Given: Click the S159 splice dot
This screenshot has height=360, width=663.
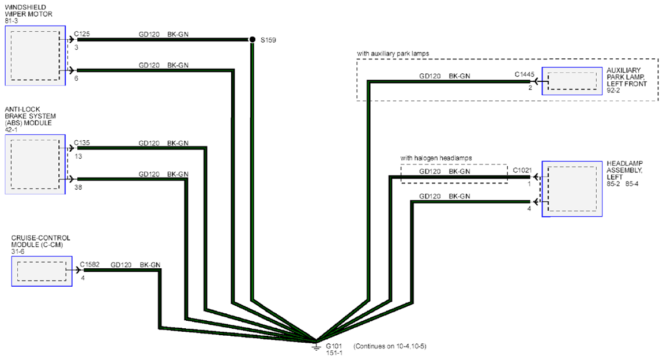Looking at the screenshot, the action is pyautogui.click(x=252, y=39).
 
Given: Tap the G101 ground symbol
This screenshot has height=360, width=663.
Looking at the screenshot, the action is pyautogui.click(x=316, y=346).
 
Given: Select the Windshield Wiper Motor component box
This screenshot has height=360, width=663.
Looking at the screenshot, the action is pyautogui.click(x=35, y=55).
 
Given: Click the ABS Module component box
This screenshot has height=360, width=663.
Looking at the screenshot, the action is pyautogui.click(x=35, y=164).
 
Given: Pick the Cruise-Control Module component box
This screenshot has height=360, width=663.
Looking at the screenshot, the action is pyautogui.click(x=42, y=271).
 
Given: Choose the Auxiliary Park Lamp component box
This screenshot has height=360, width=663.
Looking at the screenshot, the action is pyautogui.click(x=572, y=81).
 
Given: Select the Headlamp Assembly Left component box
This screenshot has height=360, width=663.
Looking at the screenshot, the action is pyautogui.click(x=572, y=189).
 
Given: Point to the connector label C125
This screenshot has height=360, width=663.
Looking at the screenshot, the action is pyautogui.click(x=82, y=34).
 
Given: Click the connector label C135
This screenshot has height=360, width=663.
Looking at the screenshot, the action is pyautogui.click(x=82, y=143).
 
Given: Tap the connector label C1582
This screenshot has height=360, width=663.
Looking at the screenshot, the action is pyautogui.click(x=89, y=265).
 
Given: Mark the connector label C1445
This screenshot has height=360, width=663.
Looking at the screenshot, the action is pyautogui.click(x=524, y=74).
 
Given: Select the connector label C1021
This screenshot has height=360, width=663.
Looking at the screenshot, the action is pyautogui.click(x=522, y=171).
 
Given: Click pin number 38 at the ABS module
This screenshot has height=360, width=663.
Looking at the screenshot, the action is pyautogui.click(x=78, y=187).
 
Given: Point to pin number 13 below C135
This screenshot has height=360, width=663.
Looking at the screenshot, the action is pyautogui.click(x=78, y=156).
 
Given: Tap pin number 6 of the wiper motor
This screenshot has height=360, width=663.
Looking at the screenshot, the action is pyautogui.click(x=76, y=78).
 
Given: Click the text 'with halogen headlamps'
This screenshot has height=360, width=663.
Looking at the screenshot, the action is pyautogui.click(x=436, y=158).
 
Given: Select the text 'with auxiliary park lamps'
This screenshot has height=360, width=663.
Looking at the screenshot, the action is pyautogui.click(x=393, y=54).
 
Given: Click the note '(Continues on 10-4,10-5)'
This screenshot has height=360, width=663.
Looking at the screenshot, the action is pyautogui.click(x=390, y=346).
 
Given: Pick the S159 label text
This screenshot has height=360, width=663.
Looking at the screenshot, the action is pyautogui.click(x=268, y=40).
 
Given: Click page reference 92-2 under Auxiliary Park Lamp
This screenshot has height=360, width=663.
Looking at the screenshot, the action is pyautogui.click(x=613, y=91).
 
